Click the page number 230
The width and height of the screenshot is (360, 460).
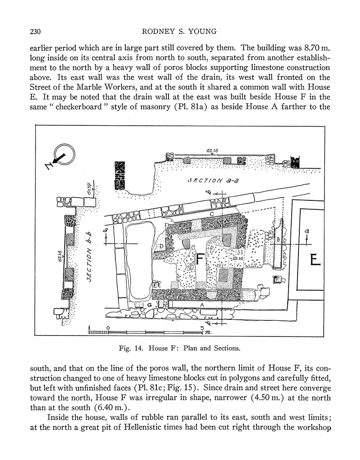pyautogui.click(x=36, y=31)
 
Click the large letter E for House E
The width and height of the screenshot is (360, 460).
pyautogui.click(x=315, y=260)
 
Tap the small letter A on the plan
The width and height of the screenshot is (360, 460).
pyautogui.click(x=202, y=305)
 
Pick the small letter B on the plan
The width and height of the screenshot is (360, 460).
pyautogui.click(x=278, y=240)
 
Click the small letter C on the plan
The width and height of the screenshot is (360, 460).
pyautogui.click(x=212, y=214)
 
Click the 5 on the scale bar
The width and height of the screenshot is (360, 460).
pyautogui.click(x=202, y=328)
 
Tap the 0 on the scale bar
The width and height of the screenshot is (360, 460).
pyautogui.click(x=108, y=328)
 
